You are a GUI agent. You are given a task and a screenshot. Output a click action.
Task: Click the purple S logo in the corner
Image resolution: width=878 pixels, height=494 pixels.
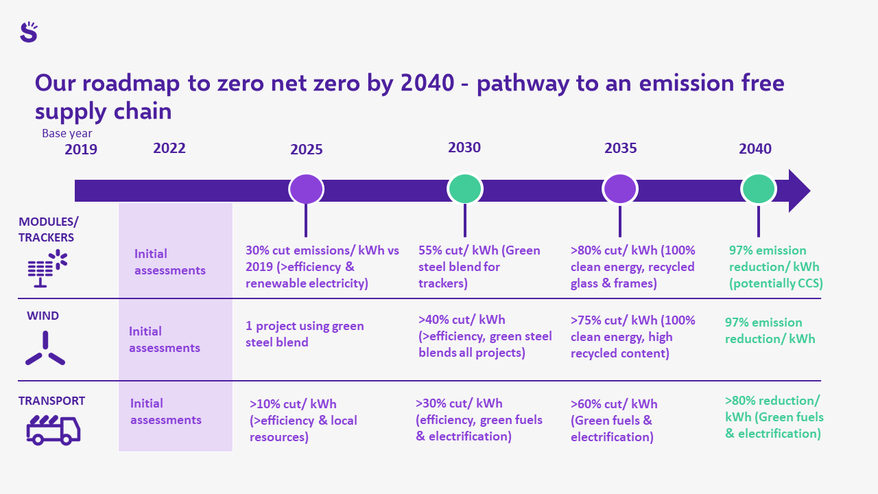point(28,32)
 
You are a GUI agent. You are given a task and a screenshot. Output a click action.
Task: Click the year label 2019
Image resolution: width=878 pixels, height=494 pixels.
point(81,150)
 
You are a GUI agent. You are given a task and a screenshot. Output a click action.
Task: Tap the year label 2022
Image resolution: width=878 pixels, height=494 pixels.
point(169,148)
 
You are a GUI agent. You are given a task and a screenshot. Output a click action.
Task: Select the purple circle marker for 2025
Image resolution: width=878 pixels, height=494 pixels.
point(306,189)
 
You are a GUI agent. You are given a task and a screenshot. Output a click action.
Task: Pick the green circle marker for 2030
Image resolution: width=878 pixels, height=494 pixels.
point(465,189)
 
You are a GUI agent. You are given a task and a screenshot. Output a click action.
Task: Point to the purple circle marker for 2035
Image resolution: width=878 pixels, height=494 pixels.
point(620,189)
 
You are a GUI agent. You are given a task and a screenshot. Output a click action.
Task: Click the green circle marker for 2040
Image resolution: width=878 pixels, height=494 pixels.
point(758,189)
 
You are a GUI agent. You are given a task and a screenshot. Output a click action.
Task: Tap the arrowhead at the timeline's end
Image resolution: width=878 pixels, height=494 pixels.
point(798,190)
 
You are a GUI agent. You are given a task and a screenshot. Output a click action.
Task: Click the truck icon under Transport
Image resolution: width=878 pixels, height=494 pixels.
point(53,430)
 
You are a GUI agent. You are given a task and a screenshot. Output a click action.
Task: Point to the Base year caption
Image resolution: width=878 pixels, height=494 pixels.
point(67,134)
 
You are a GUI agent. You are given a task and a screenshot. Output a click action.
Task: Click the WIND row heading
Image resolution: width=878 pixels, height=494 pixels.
point(43,316)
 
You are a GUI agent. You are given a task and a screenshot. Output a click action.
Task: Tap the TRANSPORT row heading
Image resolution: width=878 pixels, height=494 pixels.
point(51,401)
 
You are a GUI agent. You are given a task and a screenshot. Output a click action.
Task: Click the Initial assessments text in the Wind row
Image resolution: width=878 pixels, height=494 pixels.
point(165,340)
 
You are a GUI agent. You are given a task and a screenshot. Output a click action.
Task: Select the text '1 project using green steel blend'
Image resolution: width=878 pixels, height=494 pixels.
point(305,334)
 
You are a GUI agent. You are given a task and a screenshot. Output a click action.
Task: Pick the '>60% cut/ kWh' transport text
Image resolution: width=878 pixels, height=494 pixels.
point(614,404)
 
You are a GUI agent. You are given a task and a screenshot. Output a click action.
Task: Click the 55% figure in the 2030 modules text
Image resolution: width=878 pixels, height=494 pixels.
point(431,250)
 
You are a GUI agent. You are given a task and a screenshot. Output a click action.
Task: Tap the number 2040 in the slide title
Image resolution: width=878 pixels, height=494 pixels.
point(427,84)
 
